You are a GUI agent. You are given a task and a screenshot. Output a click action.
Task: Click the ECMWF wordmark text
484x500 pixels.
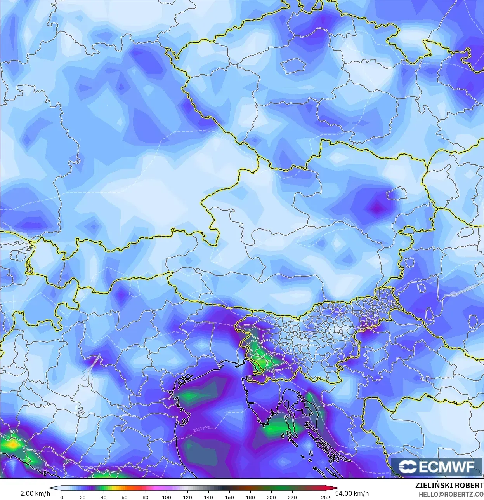[x=446, y=466]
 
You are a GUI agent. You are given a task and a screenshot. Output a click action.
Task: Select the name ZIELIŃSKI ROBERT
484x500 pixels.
[x=449, y=486]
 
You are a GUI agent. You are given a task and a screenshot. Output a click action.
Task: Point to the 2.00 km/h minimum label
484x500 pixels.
[x=35, y=493]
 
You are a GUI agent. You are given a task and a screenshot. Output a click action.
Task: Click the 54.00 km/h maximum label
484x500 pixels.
[x=354, y=493]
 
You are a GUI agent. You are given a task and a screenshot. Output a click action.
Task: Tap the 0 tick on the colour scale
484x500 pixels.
[x=62, y=497]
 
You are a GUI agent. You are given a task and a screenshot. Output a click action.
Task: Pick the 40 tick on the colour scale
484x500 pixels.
[x=103, y=497]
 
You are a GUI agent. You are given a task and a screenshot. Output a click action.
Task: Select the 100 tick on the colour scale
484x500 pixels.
[x=166, y=497]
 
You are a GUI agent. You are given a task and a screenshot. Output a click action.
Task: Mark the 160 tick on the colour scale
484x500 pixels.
[x=229, y=497]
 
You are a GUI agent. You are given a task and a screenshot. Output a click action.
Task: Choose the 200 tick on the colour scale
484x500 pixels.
[x=271, y=497]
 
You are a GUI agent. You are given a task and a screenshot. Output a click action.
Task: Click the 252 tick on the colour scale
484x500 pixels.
[x=326, y=497]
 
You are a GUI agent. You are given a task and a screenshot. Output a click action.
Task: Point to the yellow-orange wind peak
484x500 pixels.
[x=12, y=444]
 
